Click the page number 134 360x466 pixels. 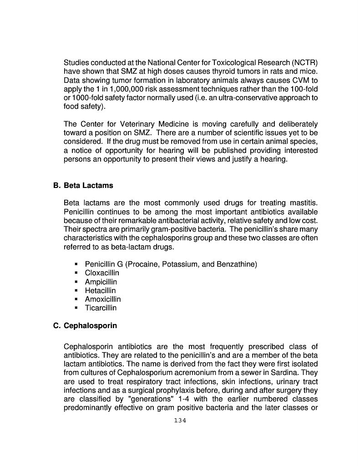pyautogui.click(x=180, y=420)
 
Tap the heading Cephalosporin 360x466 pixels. pyautogui.click(x=90, y=326)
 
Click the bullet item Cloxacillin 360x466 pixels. pyautogui.click(x=102, y=273)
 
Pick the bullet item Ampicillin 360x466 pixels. pyautogui.click(x=101, y=282)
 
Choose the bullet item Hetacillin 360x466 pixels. pyautogui.click(x=100, y=291)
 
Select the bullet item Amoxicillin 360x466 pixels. pyautogui.click(x=103, y=299)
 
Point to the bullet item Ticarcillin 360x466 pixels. pyautogui.click(x=101, y=308)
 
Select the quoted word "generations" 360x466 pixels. pyautogui.click(x=151, y=399)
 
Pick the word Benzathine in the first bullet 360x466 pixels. pyautogui.click(x=237, y=264)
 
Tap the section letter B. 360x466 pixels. pyautogui.click(x=56, y=186)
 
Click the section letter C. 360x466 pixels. pyautogui.click(x=56, y=326)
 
